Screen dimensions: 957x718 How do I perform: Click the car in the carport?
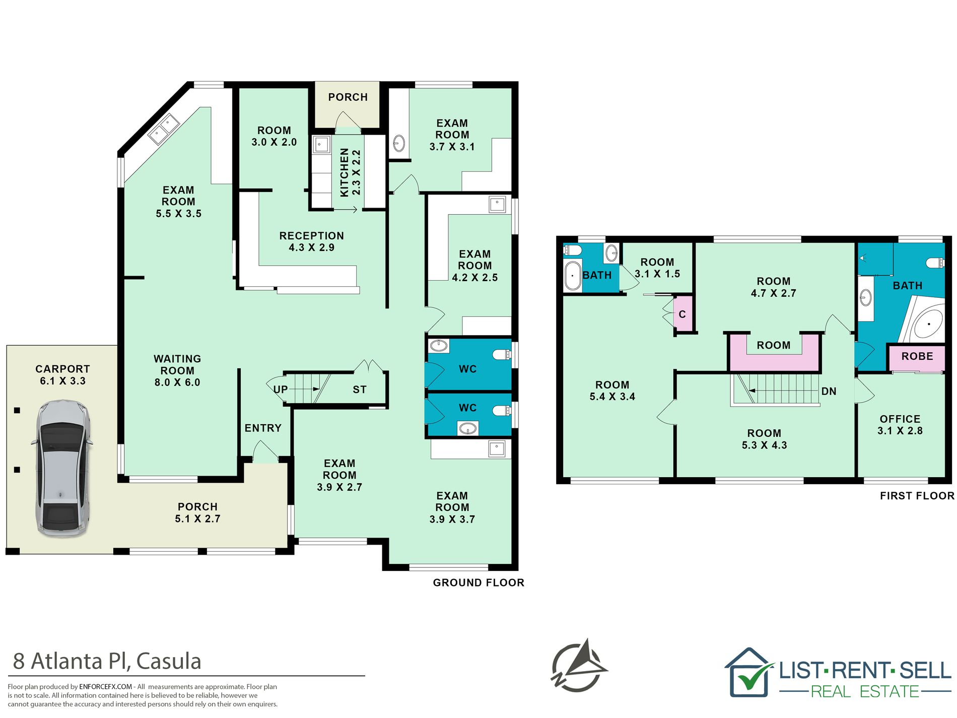[62, 469]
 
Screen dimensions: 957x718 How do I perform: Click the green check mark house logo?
[749, 672]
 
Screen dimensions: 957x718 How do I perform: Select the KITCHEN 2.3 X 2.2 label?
[351, 172]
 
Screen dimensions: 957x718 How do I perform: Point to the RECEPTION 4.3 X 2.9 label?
[312, 241]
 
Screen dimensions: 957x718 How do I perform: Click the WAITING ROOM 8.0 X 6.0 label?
[177, 370]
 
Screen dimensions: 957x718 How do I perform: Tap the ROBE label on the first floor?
[917, 356]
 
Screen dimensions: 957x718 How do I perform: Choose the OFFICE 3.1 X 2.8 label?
[900, 425]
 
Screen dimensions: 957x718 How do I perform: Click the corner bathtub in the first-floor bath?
[924, 321]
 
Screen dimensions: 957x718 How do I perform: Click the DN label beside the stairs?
[829, 391]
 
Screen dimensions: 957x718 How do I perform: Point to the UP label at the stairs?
[281, 389]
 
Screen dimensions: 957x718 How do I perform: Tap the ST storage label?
[360, 389]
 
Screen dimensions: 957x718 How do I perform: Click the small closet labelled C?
[682, 314]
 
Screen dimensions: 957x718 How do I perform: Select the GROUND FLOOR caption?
[478, 582]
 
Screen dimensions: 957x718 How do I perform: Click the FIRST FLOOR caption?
[917, 496]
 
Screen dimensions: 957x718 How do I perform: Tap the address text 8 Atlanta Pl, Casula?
[107, 661]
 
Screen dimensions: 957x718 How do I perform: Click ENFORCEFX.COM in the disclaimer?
[105, 686]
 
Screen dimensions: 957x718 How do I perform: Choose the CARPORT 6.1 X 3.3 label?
[62, 375]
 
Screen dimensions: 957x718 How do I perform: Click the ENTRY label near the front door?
[263, 428]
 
